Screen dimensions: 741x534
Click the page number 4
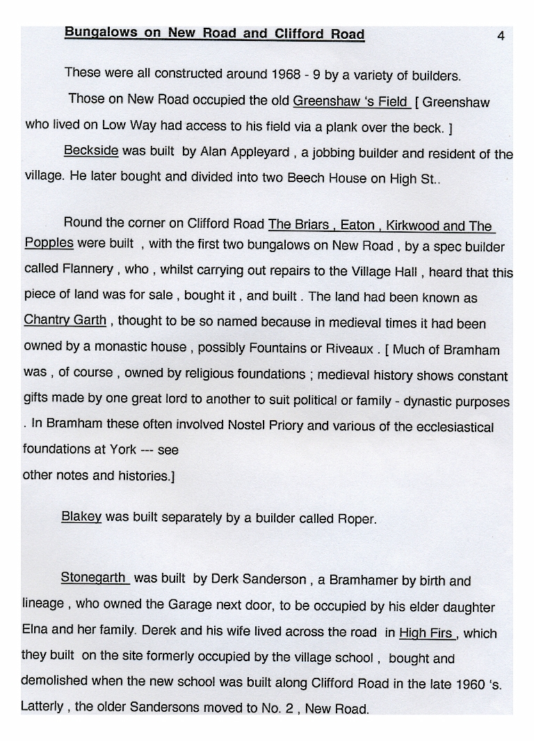click(x=501, y=36)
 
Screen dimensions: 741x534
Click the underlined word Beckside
click(x=91, y=151)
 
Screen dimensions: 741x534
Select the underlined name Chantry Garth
click(x=65, y=320)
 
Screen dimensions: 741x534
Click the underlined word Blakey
click(x=81, y=517)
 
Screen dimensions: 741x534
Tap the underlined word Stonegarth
click(x=94, y=578)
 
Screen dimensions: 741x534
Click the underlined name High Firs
click(x=426, y=633)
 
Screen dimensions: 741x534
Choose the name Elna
click(x=35, y=631)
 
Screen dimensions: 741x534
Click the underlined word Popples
click(x=49, y=243)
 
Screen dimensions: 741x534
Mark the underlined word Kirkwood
click(x=413, y=226)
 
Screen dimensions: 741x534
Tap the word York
click(x=122, y=449)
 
